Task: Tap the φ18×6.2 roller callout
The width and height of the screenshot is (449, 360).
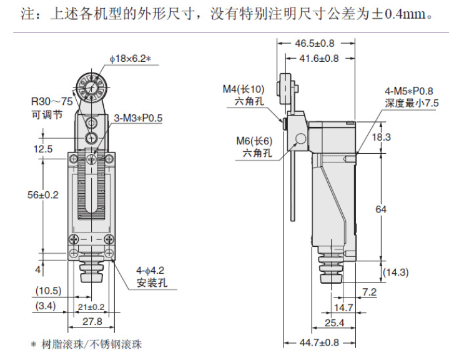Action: tap(131, 59)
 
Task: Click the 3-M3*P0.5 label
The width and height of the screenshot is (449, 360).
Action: tap(138, 117)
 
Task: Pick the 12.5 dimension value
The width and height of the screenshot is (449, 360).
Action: tap(42, 149)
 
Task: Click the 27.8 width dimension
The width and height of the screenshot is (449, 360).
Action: tap(92, 322)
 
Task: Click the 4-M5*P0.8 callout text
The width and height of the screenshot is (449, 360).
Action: tap(412, 91)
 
